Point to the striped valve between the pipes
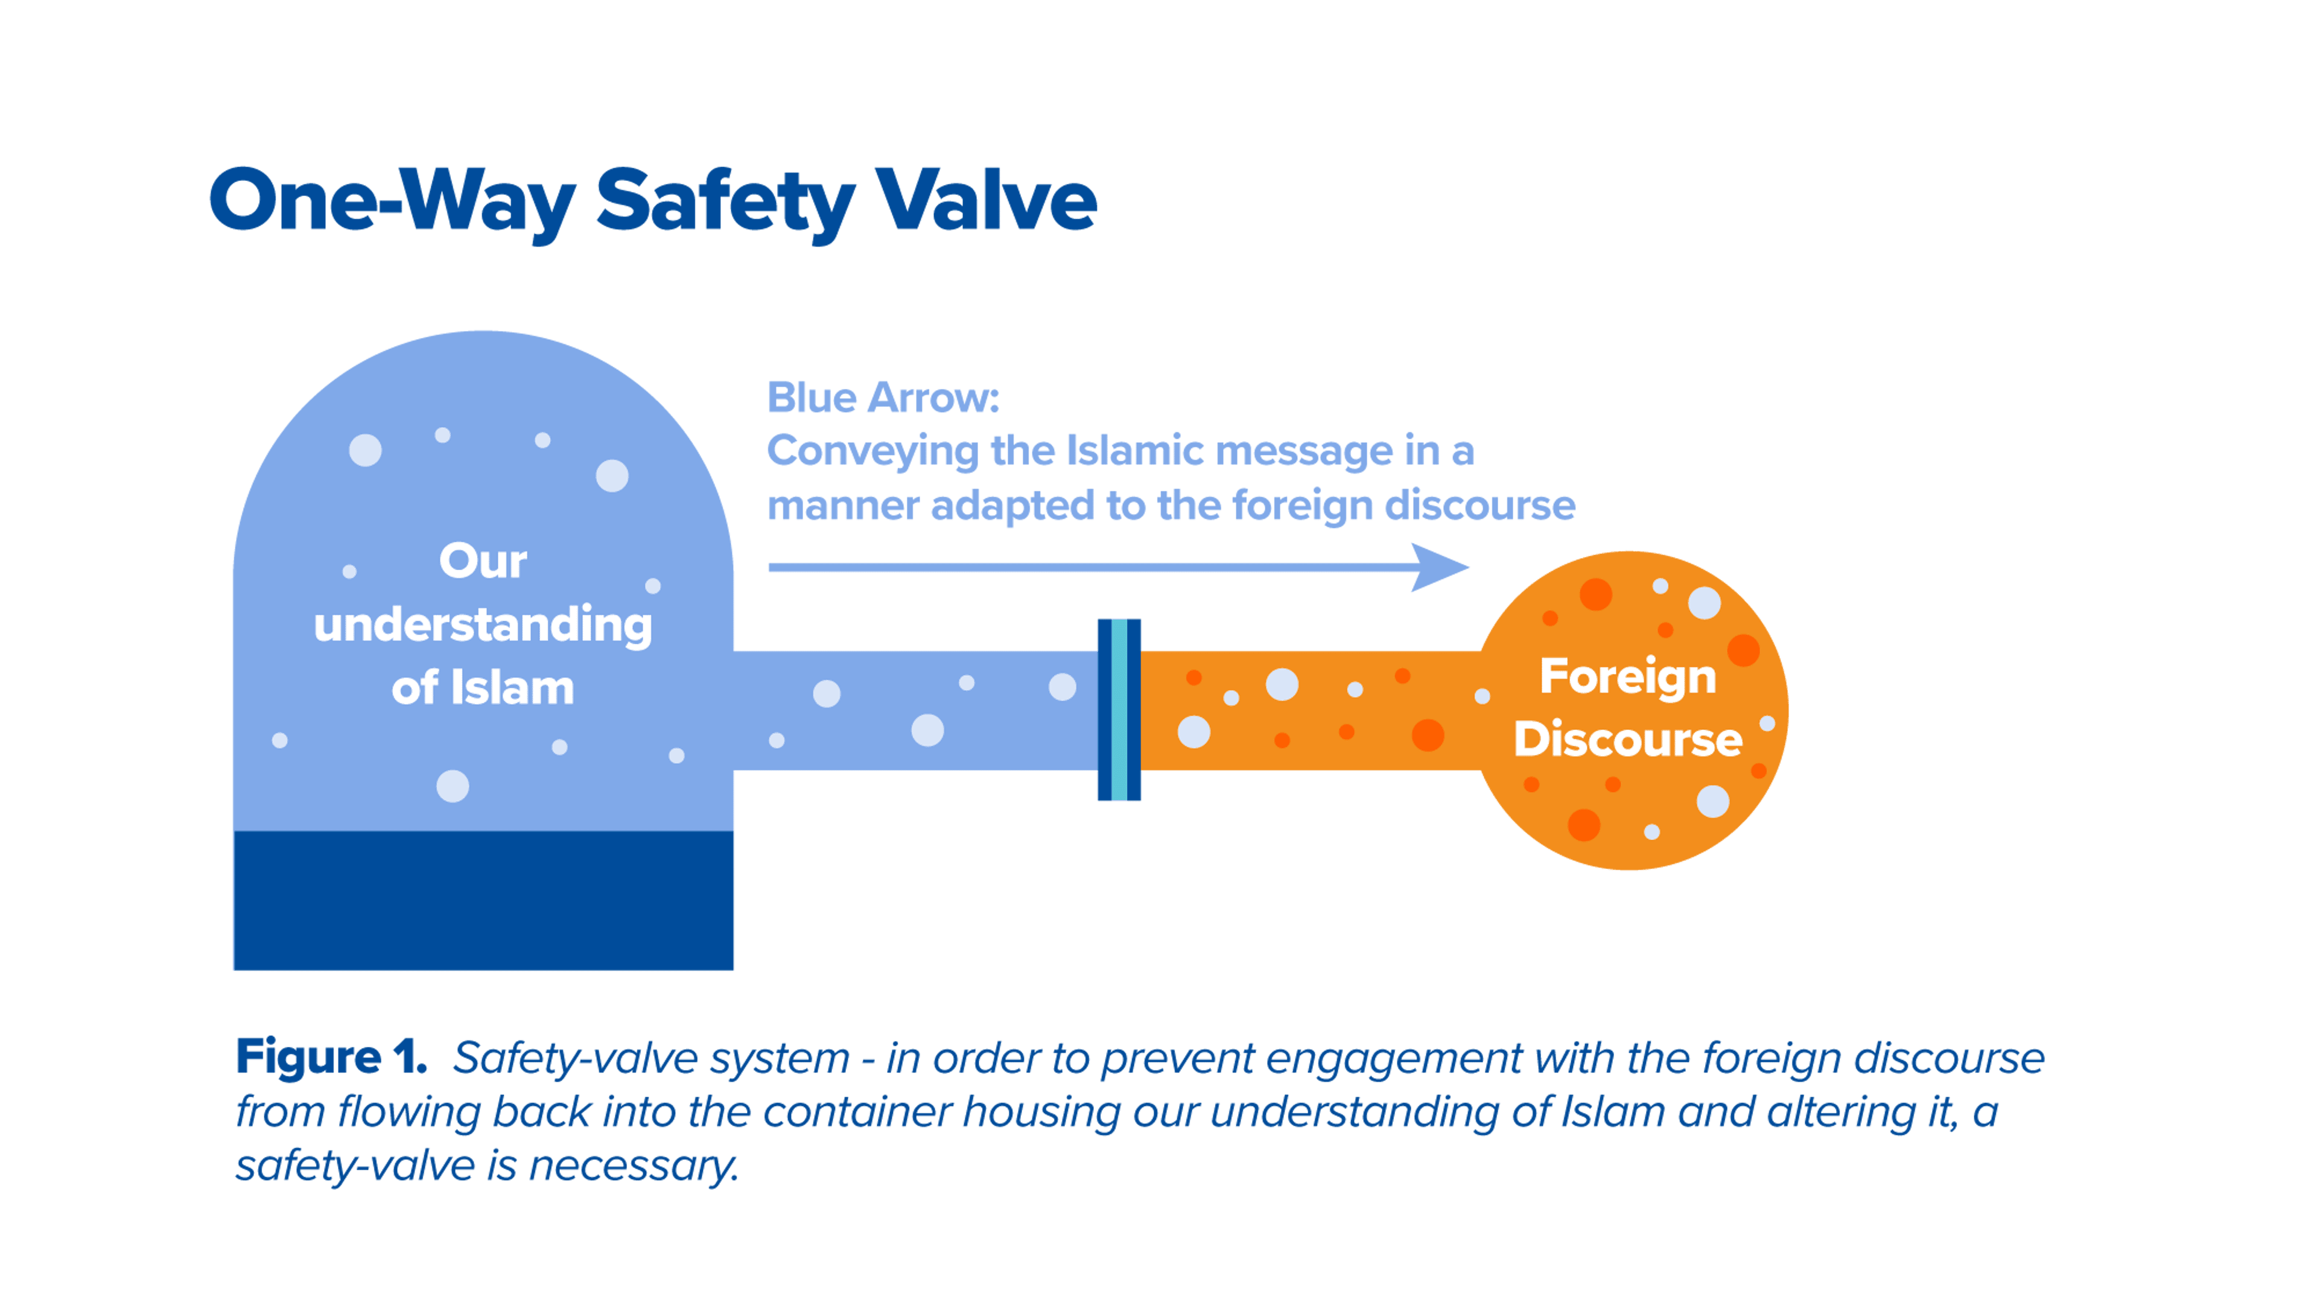(1119, 710)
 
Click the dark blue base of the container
(483, 900)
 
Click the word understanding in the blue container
(483, 626)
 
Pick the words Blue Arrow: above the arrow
(883, 398)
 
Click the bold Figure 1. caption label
(331, 1058)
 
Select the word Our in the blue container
(483, 561)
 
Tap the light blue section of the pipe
(915, 710)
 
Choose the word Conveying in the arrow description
(872, 451)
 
